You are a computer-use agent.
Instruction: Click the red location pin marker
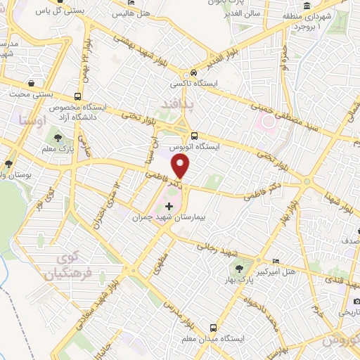pos(181,166)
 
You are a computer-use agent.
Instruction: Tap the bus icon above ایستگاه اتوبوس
pos(194,137)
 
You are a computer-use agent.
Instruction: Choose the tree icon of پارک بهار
pos(239,268)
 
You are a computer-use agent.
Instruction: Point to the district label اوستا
pos(35,120)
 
